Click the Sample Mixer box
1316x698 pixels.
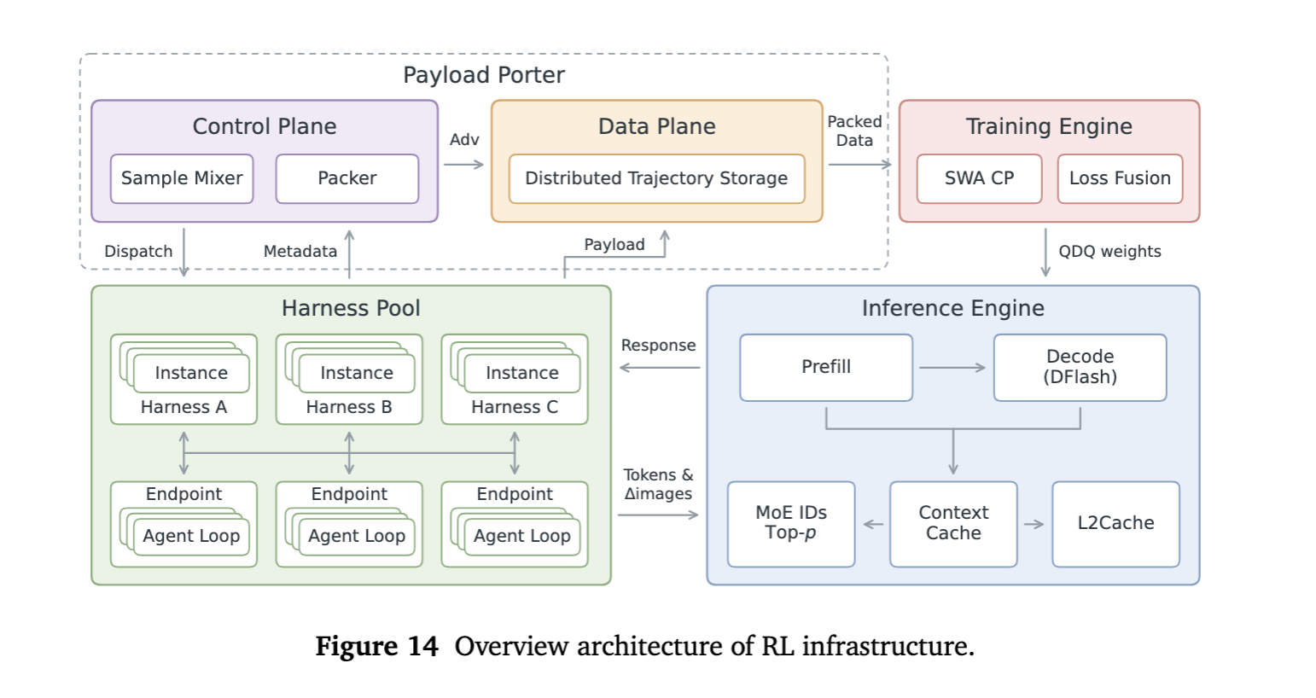(182, 178)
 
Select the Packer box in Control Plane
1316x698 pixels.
(347, 178)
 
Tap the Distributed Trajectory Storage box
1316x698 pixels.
(657, 178)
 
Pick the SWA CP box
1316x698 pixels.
(980, 178)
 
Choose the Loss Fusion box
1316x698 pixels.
(1121, 178)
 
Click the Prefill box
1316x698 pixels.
(826, 368)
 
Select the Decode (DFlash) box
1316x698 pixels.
(1080, 368)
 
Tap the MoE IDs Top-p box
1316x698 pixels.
(791, 524)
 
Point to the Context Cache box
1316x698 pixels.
(953, 524)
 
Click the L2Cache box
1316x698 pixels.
(1115, 524)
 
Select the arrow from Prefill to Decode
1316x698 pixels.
(952, 368)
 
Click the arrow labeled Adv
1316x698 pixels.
(464, 165)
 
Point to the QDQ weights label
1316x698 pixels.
(1109, 252)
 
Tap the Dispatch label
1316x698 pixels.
(138, 252)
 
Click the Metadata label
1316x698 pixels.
(300, 252)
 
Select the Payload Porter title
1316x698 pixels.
(484, 75)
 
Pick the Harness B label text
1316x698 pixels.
(349, 407)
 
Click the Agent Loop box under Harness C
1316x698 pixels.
(522, 536)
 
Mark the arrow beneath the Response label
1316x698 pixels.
(660, 368)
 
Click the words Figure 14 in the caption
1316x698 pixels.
(376, 646)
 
